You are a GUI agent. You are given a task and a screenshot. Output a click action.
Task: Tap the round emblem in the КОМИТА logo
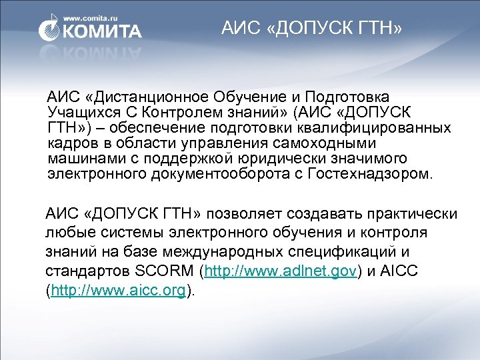pyautogui.click(x=51, y=31)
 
